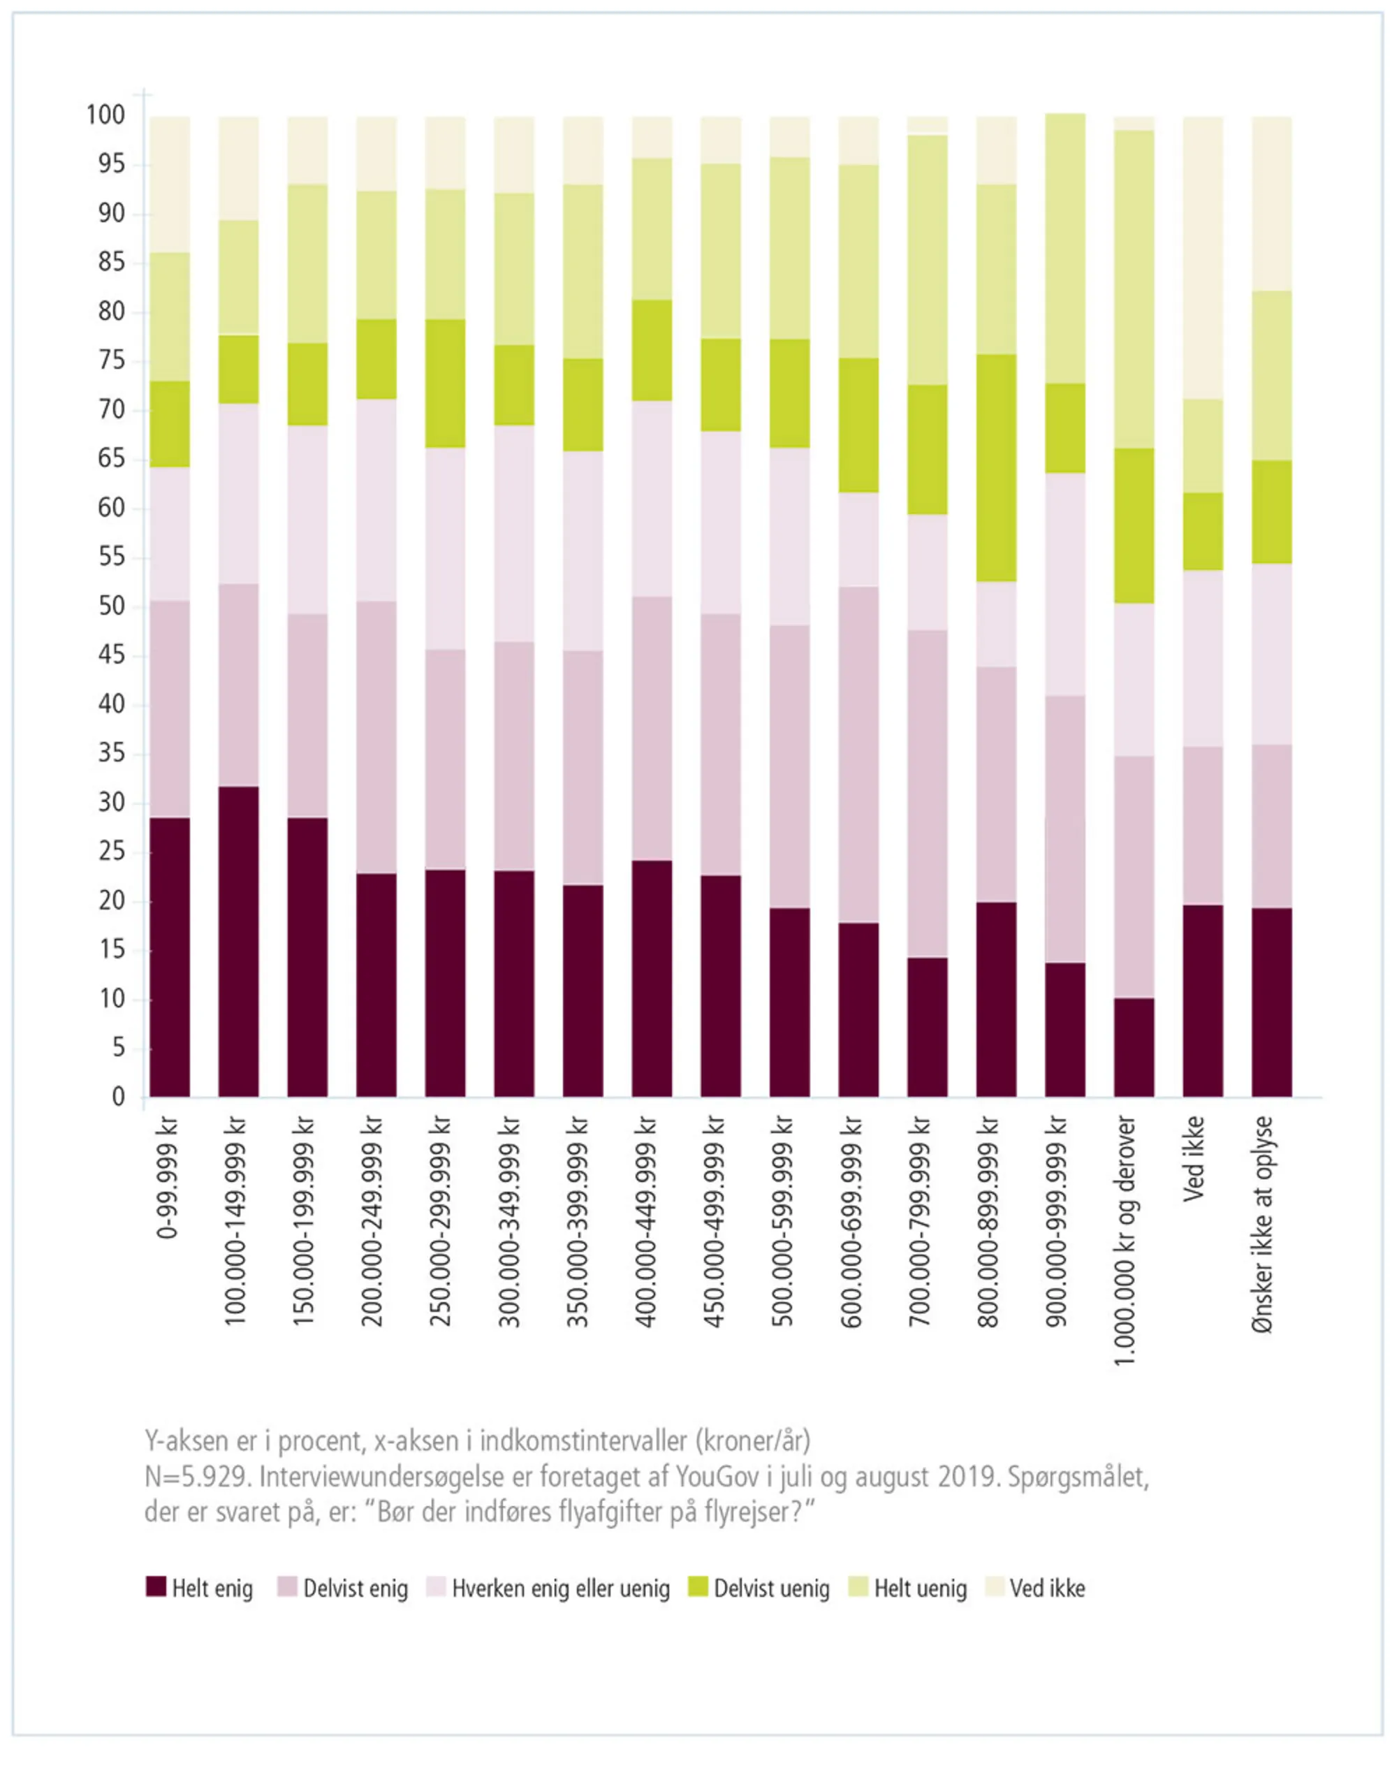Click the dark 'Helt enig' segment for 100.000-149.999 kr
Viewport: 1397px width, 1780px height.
click(x=238, y=941)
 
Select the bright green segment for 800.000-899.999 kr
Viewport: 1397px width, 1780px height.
click(x=996, y=468)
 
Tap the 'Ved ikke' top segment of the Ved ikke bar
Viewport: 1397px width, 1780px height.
click(x=1202, y=258)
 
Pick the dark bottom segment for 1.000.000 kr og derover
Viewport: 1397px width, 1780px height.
click(x=1134, y=1047)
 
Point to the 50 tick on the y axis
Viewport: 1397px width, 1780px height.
click(x=111, y=607)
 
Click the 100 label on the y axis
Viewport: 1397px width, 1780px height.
click(x=105, y=115)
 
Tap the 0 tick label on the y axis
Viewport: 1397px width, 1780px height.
click(x=119, y=1097)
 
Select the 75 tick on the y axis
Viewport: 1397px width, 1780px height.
click(x=111, y=360)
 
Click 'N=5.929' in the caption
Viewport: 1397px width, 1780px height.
click(x=195, y=1477)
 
